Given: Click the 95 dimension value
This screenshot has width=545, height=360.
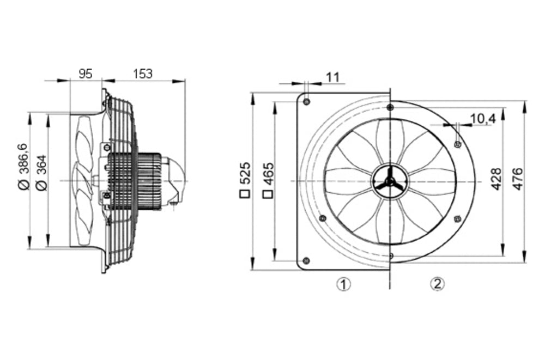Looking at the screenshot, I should pyautogui.click(x=85, y=74).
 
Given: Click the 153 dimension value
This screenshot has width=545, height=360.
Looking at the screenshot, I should pyautogui.click(x=143, y=74).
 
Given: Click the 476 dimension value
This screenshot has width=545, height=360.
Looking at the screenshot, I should pyautogui.click(x=518, y=179).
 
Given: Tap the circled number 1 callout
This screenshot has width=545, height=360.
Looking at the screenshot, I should pyautogui.click(x=342, y=284).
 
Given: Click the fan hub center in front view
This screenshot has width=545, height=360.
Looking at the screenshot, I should pyautogui.click(x=390, y=181).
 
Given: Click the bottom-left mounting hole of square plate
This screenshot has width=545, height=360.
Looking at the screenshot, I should pyautogui.click(x=306, y=260).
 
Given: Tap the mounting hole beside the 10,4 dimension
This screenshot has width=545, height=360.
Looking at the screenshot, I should pyautogui.click(x=457, y=144).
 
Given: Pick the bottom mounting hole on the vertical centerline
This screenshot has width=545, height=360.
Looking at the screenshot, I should pyautogui.click(x=390, y=254).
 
